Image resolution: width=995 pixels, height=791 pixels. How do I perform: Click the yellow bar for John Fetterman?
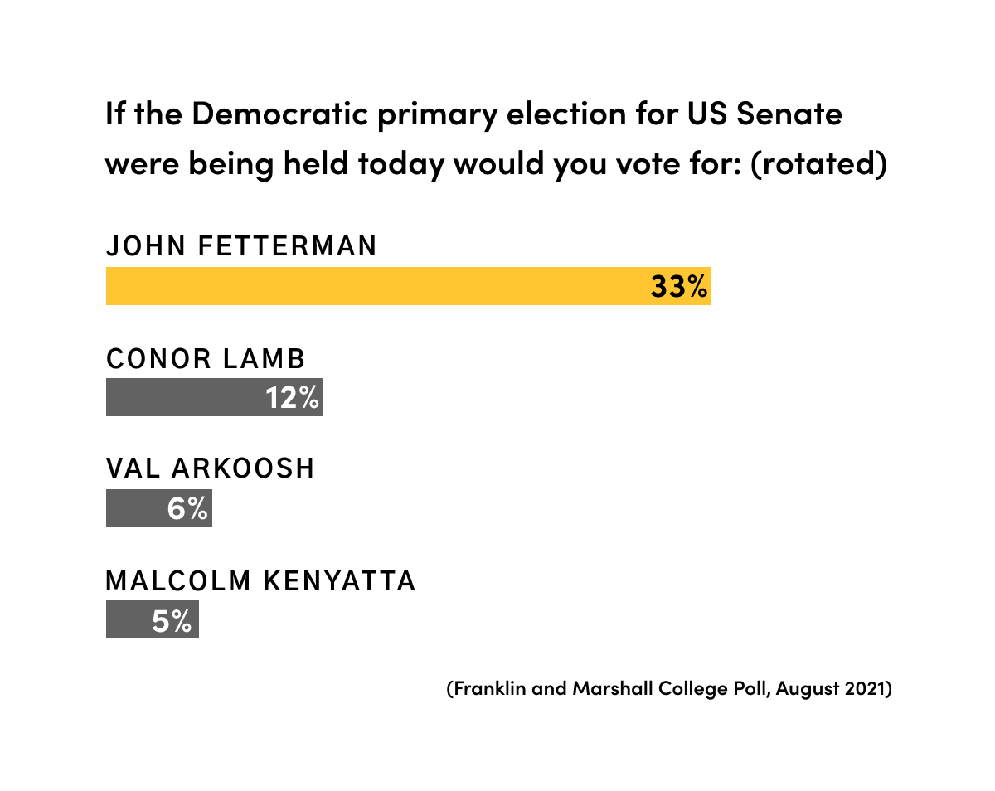(373, 286)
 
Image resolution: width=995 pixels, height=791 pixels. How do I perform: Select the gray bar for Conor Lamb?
(182, 397)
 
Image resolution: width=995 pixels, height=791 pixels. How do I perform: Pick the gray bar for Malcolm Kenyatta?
(127, 619)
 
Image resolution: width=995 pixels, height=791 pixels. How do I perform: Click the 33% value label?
(679, 286)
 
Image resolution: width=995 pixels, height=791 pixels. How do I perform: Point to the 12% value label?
(293, 397)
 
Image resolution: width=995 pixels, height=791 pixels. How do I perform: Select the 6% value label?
(187, 508)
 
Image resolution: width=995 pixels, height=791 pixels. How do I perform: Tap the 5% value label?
(172, 619)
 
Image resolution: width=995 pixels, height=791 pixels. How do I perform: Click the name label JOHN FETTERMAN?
(241, 246)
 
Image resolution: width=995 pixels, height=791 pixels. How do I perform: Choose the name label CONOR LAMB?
(206, 358)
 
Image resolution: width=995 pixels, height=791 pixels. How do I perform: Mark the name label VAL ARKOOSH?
(211, 468)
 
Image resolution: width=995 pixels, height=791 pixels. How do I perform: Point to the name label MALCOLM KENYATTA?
(260, 580)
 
